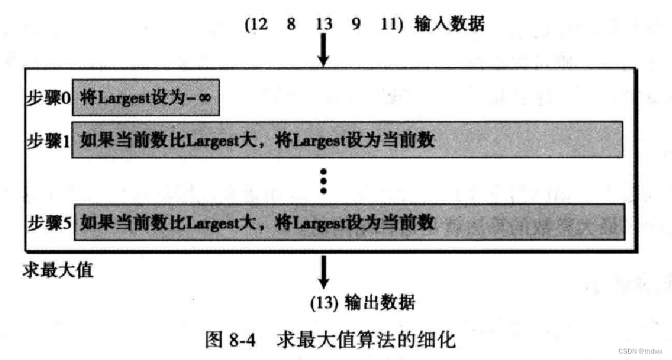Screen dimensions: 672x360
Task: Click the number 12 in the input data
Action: point(260,25)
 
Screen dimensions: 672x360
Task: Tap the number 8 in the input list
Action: point(292,25)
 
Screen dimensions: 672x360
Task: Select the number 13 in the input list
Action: point(324,25)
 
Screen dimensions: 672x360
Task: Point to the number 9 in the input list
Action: point(356,25)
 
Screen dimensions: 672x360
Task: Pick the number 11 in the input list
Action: point(389,25)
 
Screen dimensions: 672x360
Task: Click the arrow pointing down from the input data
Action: point(324,50)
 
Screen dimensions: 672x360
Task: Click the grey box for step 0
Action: point(146,99)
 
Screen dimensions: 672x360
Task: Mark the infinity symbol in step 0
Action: point(206,99)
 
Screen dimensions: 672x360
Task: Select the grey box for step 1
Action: point(347,139)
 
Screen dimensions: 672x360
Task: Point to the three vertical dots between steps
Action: point(324,181)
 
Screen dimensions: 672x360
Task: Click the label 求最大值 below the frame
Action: point(59,269)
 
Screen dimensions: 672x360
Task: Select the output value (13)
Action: point(324,301)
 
